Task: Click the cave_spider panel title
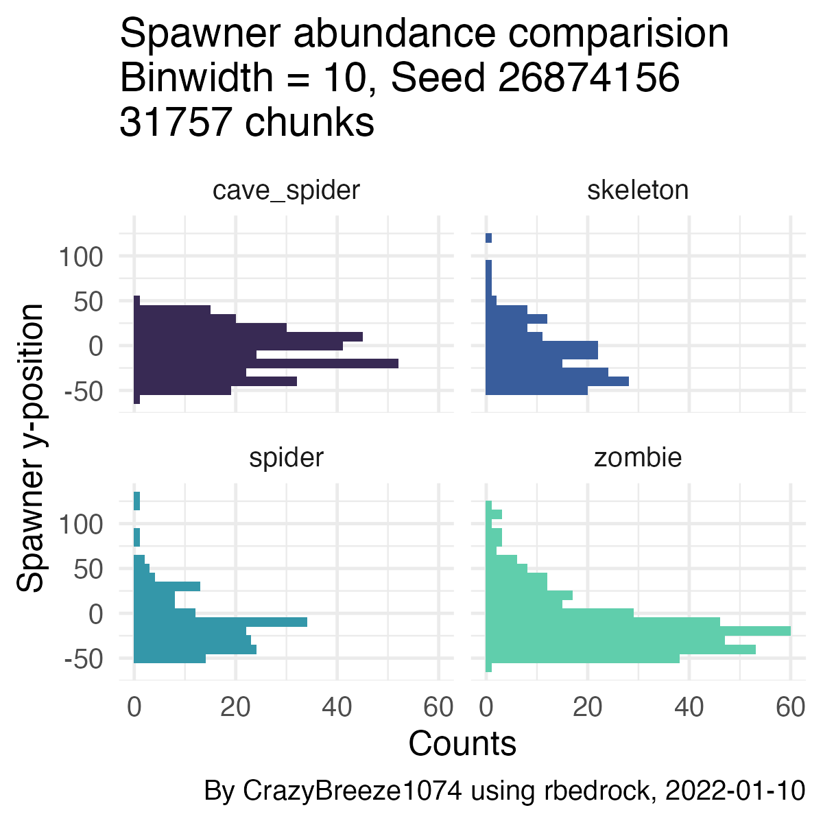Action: click(286, 190)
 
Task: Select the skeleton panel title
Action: click(638, 190)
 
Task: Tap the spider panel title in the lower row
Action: click(286, 457)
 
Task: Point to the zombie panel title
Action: click(638, 457)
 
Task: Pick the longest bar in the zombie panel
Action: click(638, 631)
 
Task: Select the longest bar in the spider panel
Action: click(219, 622)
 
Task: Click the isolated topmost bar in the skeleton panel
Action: click(488, 238)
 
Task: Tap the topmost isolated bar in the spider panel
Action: click(137, 501)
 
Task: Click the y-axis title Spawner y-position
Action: click(31, 448)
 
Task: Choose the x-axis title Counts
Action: click(462, 744)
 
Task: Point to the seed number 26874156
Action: click(588, 79)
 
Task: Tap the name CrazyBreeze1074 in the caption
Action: click(352, 791)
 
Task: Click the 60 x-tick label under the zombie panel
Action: click(790, 708)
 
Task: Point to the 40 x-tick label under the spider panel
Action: click(337, 708)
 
